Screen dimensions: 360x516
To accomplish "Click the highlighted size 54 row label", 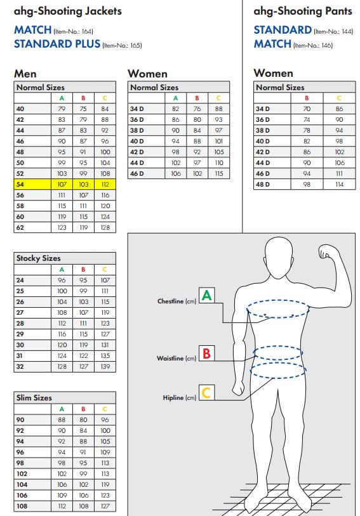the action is [x=20, y=184].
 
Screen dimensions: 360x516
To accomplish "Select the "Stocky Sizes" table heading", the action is [x=39, y=258].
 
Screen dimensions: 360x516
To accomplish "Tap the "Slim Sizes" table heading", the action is [x=34, y=398].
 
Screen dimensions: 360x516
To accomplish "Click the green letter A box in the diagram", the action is [x=206, y=295].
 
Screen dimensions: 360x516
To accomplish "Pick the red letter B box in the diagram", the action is [x=206, y=353].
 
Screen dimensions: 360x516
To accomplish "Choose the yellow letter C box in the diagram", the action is [x=206, y=393].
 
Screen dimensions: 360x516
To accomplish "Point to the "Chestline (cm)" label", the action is [x=177, y=301].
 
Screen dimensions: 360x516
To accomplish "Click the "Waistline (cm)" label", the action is [x=177, y=359].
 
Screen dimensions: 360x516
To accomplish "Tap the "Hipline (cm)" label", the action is [x=180, y=398].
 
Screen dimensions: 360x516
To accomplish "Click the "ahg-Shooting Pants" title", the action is [x=303, y=11].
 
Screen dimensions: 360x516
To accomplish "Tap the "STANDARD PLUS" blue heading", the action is [x=57, y=44].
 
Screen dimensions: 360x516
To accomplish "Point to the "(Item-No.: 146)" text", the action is [x=313, y=46].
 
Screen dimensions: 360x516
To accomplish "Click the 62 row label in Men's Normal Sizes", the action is [x=20, y=227].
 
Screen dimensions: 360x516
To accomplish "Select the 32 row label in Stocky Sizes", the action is [x=20, y=367].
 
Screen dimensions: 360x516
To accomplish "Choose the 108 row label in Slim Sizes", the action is [x=22, y=506].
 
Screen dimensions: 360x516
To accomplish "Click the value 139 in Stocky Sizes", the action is [x=105, y=367].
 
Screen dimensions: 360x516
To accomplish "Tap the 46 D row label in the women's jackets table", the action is [x=137, y=173].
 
